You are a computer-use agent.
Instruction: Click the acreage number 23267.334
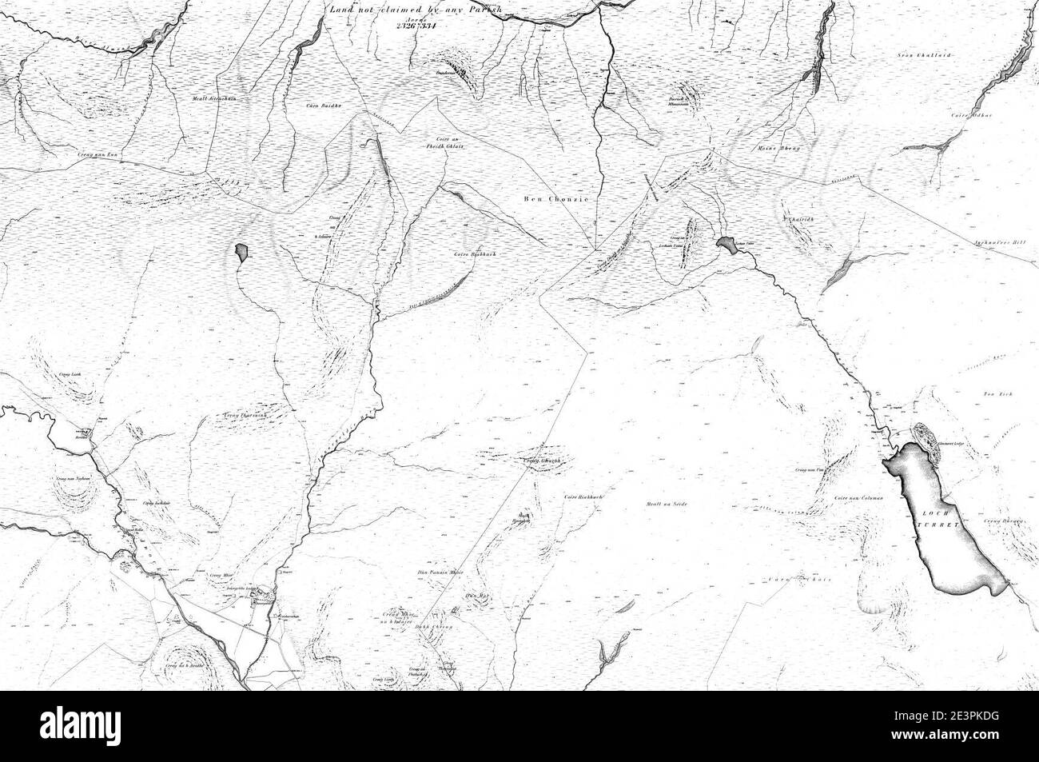point(414,25)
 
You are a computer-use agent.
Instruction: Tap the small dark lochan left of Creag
point(241,253)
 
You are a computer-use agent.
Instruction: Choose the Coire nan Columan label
point(858,498)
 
